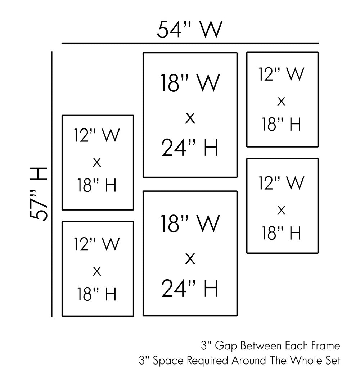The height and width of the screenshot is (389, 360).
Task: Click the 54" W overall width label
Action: [x=190, y=30]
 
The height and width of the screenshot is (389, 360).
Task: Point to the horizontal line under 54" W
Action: [x=190, y=44]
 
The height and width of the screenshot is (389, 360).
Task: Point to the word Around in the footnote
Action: [x=247, y=361]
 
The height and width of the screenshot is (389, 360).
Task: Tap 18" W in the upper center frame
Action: [x=190, y=83]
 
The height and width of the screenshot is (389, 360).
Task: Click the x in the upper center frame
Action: [x=190, y=118]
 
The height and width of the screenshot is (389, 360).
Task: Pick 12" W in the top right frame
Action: [x=282, y=74]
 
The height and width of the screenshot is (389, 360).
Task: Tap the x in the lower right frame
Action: [x=282, y=210]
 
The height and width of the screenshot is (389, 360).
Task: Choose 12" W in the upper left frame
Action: [x=97, y=136]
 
